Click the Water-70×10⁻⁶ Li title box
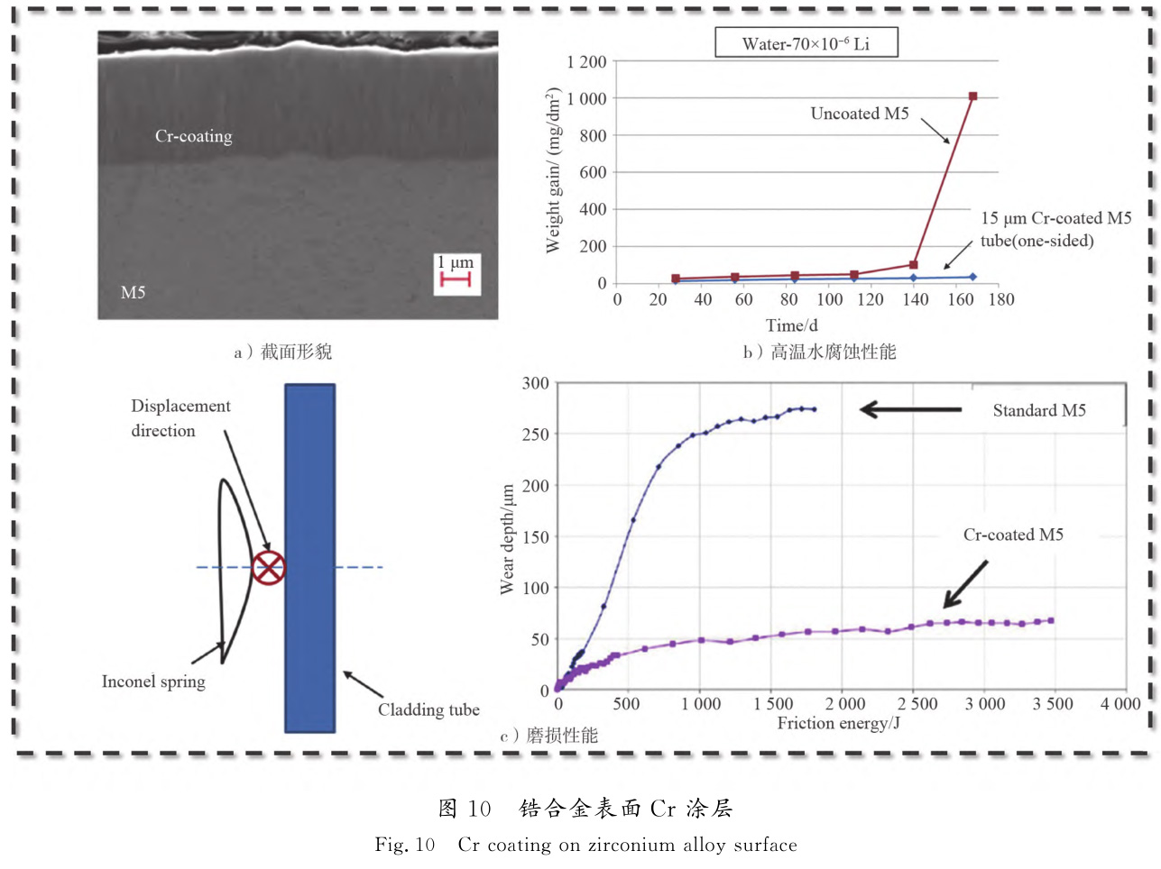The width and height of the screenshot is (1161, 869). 806,43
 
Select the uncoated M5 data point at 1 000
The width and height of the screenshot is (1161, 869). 972,96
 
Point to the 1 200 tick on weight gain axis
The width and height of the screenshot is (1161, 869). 586,62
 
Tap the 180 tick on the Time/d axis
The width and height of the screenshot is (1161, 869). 1001,300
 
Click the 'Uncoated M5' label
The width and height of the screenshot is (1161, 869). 860,114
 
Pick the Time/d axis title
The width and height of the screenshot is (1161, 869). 792,325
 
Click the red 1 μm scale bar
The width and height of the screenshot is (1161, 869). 456,280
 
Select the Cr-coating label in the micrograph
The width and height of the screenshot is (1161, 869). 193,136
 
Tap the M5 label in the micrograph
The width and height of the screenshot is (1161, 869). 133,292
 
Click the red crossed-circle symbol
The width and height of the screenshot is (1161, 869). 268,567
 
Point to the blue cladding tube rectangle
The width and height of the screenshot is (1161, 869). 310,559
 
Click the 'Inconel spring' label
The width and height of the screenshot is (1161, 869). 153,681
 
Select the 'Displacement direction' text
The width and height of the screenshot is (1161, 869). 180,418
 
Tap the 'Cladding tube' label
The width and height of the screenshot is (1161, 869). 428,709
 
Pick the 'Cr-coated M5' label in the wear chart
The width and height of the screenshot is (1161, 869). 1013,535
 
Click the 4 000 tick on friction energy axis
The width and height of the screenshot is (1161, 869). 1120,704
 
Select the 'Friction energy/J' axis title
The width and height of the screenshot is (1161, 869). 838,723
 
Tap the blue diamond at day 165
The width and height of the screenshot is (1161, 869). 972,277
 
